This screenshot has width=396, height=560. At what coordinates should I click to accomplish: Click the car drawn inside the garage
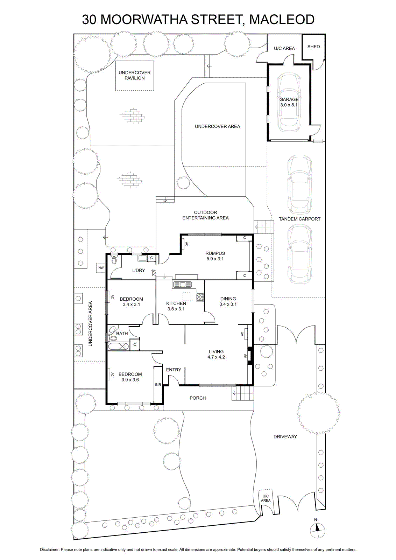pyautogui.click(x=289, y=103)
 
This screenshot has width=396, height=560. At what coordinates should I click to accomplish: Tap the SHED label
pyautogui.click(x=313, y=47)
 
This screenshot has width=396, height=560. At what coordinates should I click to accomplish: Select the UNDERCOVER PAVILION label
pyautogui.click(x=135, y=75)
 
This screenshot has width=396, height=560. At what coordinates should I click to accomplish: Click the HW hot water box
pyautogui.click(x=101, y=268)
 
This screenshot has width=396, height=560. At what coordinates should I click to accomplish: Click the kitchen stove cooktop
pyautogui.click(x=200, y=297)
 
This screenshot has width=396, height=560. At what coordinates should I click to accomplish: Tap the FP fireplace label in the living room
pyautogui.click(x=245, y=356)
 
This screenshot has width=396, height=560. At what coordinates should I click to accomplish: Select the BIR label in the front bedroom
pyautogui.click(x=158, y=385)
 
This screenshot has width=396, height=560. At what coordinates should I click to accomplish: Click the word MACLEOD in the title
pyautogui.click(x=282, y=20)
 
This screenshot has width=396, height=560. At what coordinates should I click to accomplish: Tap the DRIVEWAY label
pyautogui.click(x=285, y=436)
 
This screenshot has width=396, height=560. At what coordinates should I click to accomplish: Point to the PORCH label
pyautogui.click(x=198, y=398)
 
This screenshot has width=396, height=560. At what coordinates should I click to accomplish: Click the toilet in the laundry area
pyautogui.click(x=114, y=259)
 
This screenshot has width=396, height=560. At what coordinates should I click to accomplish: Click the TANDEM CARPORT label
pyautogui.click(x=299, y=219)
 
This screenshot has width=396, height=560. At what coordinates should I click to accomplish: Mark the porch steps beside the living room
pyautogui.click(x=243, y=393)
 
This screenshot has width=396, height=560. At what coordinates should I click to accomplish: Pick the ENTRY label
pyautogui.click(x=174, y=370)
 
